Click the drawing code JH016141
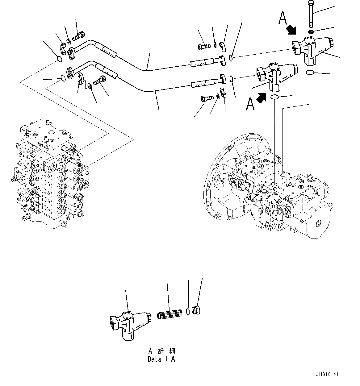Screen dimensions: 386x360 click(327, 374)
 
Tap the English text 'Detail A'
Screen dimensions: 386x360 click(161, 359)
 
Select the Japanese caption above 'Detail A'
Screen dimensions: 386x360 click(161, 351)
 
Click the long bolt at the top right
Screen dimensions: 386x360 click(311, 14)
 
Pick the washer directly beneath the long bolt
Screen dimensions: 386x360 click(311, 32)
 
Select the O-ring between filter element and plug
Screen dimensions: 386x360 click(188, 312)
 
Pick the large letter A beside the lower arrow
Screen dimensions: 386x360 click(250, 104)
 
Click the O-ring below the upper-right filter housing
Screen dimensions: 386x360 click(310, 73)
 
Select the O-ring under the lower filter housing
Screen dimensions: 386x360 click(274, 98)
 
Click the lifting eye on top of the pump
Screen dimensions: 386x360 click(310, 177)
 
